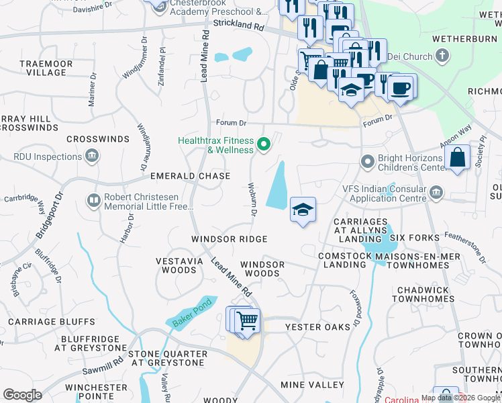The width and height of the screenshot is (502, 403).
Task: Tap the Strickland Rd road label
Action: [x=239, y=25]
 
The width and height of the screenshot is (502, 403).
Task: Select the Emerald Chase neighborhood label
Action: [x=190, y=176]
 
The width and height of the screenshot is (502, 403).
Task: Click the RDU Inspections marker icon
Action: [x=93, y=157]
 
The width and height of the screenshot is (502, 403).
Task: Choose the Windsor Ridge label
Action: [x=229, y=239]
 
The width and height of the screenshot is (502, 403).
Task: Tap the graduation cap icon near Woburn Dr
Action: [x=303, y=210]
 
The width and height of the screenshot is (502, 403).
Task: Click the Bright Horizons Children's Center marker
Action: [x=366, y=162]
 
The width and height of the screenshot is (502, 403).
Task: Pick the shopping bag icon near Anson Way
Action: [x=457, y=159]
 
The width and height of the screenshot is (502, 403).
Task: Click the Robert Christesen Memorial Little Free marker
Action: [x=94, y=200]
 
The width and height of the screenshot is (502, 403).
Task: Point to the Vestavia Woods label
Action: [x=178, y=265]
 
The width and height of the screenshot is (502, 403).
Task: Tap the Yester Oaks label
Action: [x=317, y=327]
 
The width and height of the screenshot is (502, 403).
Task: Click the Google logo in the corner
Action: [x=22, y=395]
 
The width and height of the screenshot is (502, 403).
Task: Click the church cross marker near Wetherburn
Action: [x=442, y=56]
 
